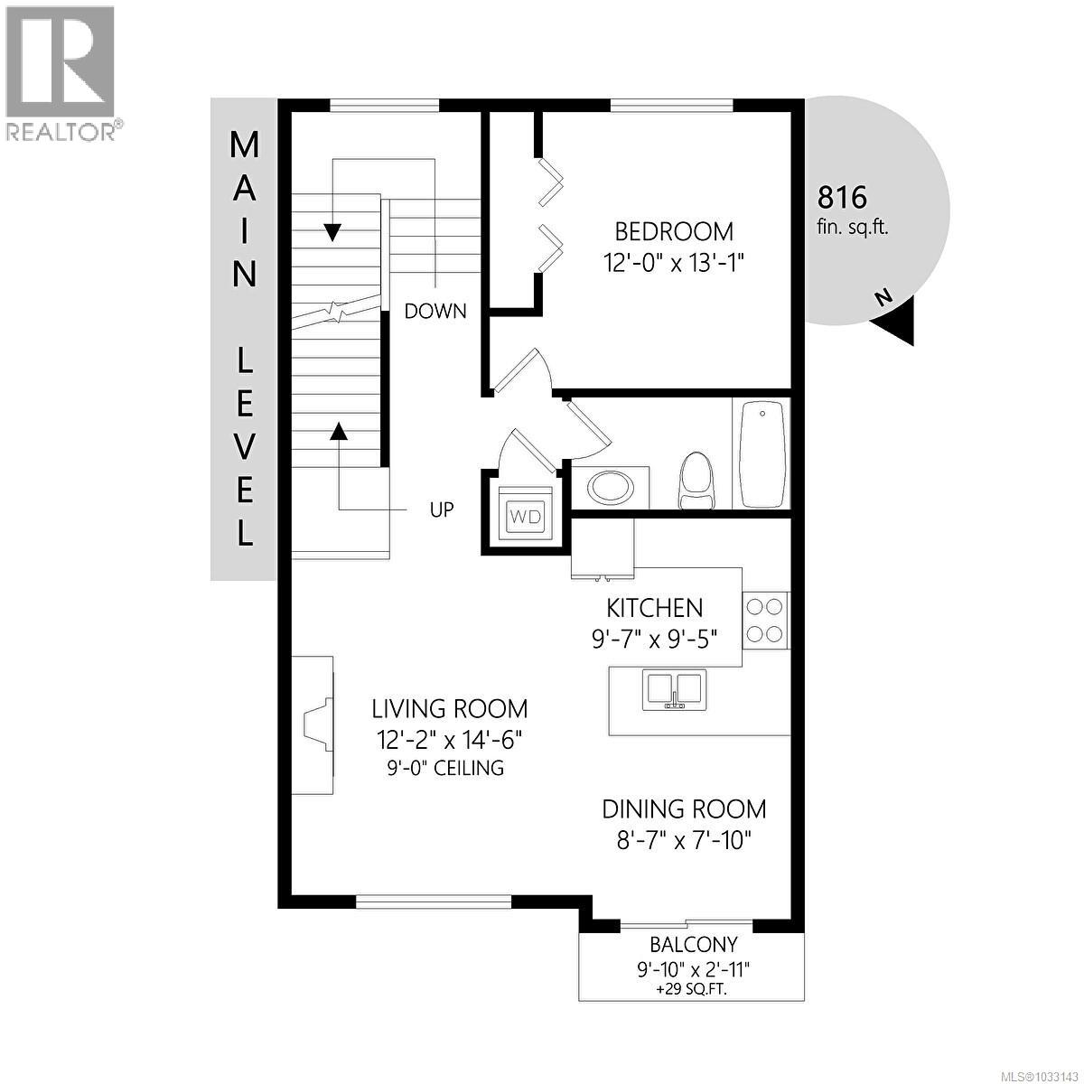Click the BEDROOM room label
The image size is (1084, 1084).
675,231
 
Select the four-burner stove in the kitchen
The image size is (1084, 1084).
765,620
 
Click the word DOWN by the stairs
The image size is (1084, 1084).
435,312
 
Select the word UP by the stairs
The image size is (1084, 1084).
441,510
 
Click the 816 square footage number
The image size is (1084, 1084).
841,197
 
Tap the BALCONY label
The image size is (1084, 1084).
693,945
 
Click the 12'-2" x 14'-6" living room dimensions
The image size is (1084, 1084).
450,740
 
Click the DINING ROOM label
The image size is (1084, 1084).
684,808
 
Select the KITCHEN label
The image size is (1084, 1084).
654,608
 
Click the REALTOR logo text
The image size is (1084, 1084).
61,131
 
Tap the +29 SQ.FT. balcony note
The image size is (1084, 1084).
692,989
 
